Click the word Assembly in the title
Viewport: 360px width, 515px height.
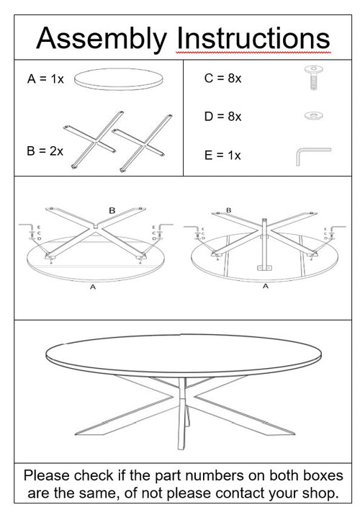101,38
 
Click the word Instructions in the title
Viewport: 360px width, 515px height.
253,38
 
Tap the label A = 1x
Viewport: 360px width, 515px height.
45,79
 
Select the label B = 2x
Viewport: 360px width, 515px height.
45,151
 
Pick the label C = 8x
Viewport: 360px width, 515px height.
222,79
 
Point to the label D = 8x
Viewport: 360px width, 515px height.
222,116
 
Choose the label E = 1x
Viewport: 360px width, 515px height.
222,155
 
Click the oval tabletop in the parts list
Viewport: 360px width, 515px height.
118,78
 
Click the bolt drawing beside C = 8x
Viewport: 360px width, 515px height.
314,77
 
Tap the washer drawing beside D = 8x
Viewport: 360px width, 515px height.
313,115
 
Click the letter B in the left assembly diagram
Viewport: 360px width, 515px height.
112,210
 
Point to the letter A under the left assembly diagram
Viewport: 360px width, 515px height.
92,287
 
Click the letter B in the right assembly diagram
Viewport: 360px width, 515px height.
229,210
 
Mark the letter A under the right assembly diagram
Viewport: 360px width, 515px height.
265,287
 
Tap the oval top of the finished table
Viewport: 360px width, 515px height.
183,354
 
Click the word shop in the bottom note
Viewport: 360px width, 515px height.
318,493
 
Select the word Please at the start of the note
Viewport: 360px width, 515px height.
48,476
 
